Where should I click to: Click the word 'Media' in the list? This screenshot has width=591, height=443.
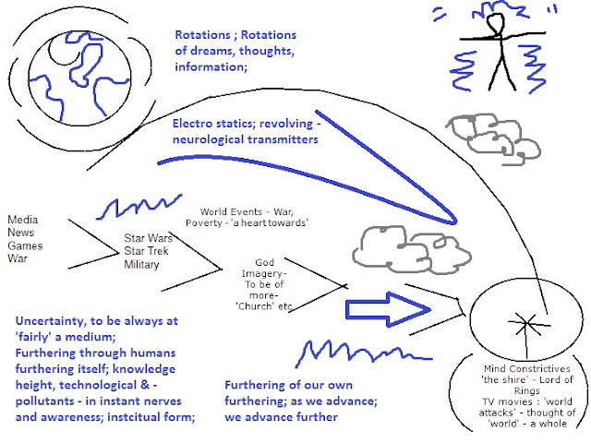pyautogui.click(x=23, y=221)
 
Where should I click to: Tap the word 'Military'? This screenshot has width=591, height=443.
pyautogui.click(x=143, y=265)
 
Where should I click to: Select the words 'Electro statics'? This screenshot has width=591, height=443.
pyautogui.click(x=217, y=123)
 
